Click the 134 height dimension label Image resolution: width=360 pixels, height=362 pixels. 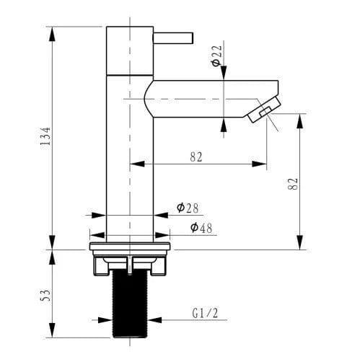click(45, 136)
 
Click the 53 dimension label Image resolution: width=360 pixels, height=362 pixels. click(45, 296)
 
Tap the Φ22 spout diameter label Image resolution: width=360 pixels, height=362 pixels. click(216, 56)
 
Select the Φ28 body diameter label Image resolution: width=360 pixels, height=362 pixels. click(188, 208)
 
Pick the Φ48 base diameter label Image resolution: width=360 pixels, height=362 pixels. click(201, 228)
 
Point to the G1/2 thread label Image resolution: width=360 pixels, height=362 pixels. click(205, 313)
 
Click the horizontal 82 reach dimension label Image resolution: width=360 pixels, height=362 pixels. click(196, 157)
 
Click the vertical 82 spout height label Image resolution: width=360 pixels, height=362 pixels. click(293, 184)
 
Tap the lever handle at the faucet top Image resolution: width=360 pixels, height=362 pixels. click(173, 38)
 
